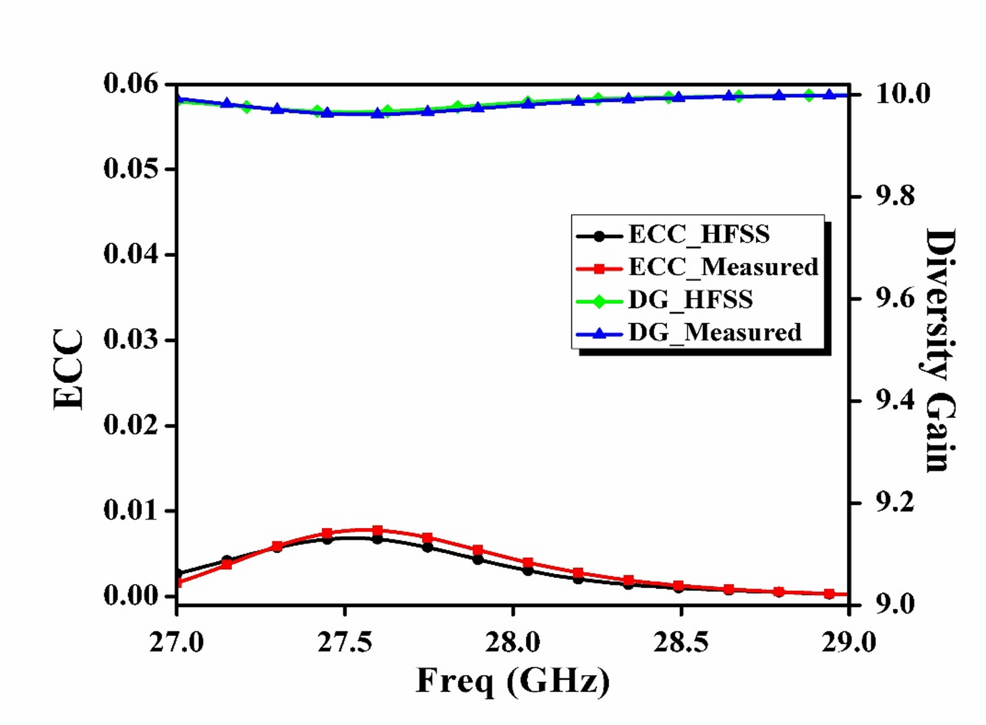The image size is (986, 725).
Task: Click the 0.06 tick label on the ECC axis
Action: pos(130,84)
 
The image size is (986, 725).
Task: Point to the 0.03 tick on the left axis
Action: pos(130,339)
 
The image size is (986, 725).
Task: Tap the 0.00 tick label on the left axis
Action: pos(130,596)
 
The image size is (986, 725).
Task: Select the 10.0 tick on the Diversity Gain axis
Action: pos(902,94)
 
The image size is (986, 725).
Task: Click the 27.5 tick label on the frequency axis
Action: pos(345,643)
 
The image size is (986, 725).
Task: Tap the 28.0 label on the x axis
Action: pos(513,643)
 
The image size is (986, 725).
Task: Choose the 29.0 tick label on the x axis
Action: pos(848,643)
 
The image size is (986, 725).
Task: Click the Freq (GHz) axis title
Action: pos(513,681)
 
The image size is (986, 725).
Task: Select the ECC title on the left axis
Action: pos(68,370)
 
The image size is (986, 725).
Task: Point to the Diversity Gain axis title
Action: pos(940,349)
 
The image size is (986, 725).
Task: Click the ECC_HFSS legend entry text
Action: pos(699,235)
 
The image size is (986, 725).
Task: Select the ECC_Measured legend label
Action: pos(723,267)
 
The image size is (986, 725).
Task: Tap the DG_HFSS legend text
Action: pos(691,299)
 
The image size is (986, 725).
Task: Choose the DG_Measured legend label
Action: pos(715,332)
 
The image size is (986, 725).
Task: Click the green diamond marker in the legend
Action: pos(598,301)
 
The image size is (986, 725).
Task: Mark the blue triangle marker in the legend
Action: pos(598,333)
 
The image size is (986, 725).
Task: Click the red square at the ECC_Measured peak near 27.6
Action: pos(378,531)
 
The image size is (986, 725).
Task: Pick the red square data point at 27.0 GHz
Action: pos(179,582)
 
